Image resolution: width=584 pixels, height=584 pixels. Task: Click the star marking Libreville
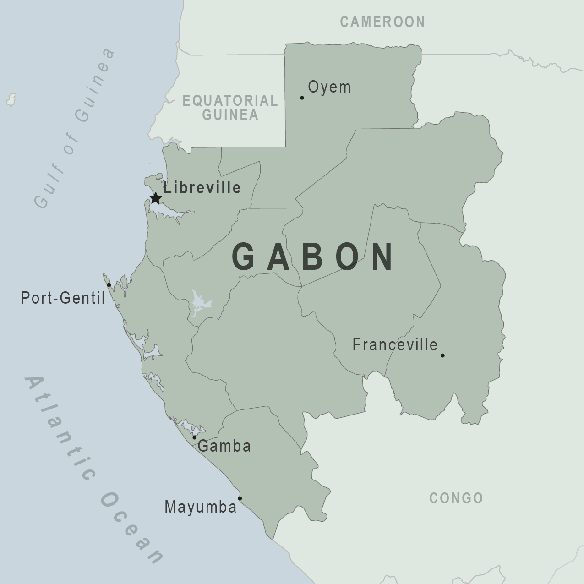click(x=156, y=198)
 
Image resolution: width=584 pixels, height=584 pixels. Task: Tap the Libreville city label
click(x=202, y=188)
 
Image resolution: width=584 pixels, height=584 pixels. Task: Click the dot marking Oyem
click(x=302, y=98)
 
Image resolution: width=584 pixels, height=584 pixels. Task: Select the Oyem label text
click(x=329, y=87)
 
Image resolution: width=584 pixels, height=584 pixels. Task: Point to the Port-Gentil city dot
click(x=109, y=285)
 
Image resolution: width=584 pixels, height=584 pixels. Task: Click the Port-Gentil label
click(x=63, y=298)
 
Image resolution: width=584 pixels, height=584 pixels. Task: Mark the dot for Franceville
click(x=442, y=355)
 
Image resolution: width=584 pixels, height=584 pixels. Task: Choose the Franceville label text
click(x=395, y=344)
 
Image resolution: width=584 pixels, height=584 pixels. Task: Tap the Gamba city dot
click(x=194, y=437)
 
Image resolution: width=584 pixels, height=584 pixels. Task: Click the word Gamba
click(x=224, y=446)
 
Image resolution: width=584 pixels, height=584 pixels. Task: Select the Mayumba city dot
click(x=240, y=498)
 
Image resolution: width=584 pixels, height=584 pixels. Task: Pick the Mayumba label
click(x=201, y=507)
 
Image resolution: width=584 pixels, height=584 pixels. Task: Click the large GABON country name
click(x=313, y=257)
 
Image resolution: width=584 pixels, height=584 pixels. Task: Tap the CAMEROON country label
click(x=382, y=22)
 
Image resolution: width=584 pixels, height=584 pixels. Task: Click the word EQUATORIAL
click(x=230, y=100)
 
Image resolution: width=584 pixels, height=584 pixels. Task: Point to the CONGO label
click(x=456, y=498)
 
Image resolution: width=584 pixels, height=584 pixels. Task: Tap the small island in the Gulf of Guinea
click(x=11, y=99)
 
